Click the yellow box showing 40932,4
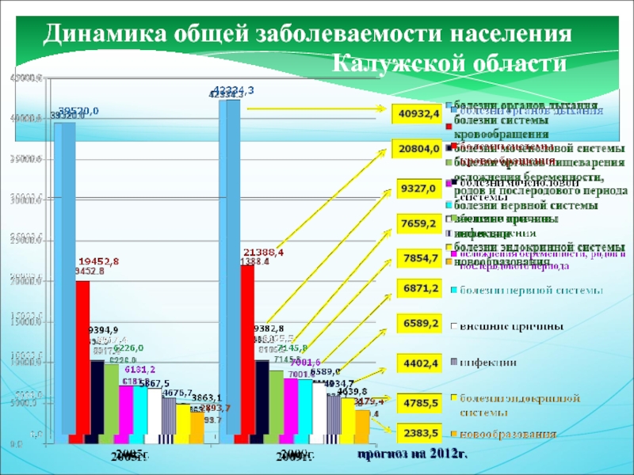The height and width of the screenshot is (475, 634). pos(420,114)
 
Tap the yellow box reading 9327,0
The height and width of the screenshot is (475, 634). pos(420,189)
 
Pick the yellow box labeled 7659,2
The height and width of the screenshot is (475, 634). pos(420,223)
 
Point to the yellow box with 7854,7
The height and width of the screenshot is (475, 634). pos(420,258)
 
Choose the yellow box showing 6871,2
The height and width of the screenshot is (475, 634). pos(420,291)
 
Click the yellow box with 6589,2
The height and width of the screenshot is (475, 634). pos(420,323)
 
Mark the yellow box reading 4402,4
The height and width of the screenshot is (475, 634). pos(420,363)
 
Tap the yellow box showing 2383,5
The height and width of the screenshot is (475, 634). pos(420,433)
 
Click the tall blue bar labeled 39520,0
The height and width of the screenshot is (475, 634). pos(65,277)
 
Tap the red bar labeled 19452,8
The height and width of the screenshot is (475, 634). pos(82,356)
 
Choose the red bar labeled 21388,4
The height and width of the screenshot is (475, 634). pos(248,348)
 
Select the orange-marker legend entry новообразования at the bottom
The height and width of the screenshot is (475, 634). pos(510,434)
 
